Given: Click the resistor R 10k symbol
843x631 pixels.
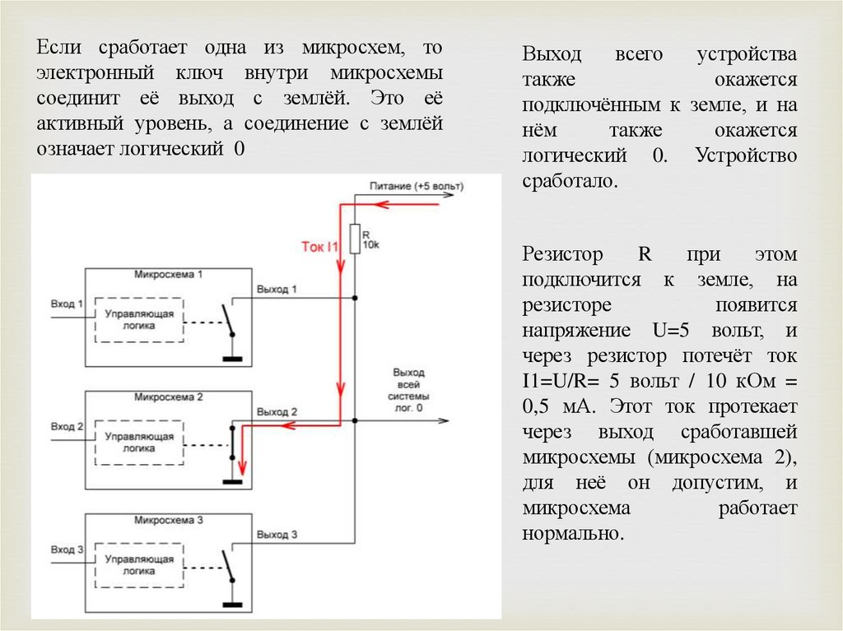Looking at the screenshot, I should coord(355,240).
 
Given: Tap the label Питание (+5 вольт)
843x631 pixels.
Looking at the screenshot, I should coord(416,187).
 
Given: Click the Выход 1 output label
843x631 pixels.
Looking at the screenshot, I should coord(277,290).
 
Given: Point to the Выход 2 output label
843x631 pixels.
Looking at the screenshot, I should coord(277,411).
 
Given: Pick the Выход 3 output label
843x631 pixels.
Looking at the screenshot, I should coord(277,534).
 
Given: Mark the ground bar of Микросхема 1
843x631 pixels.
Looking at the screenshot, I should coord(233,360).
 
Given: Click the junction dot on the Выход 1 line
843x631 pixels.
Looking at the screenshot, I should coord(355,298).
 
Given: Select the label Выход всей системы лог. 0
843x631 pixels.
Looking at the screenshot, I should coord(409,389).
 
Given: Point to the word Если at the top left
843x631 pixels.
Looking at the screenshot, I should coord(57,49).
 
